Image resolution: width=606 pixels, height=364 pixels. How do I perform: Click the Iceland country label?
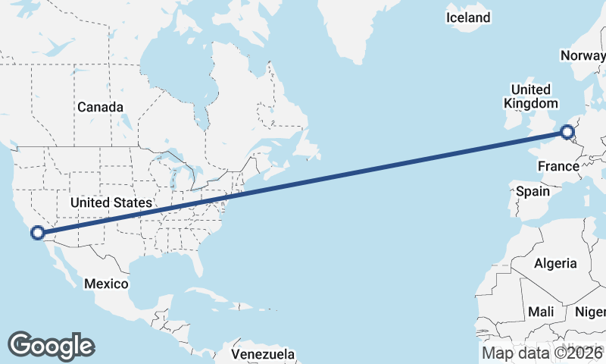click(468, 17)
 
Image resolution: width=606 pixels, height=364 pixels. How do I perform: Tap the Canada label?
click(100, 108)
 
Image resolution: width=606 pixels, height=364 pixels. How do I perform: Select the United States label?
click(111, 202)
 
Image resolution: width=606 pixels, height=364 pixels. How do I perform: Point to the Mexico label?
click(106, 283)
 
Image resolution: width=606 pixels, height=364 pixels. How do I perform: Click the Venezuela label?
click(262, 354)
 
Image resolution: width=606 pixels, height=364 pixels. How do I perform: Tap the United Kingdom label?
click(531, 96)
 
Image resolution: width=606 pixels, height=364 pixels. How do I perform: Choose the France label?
click(558, 166)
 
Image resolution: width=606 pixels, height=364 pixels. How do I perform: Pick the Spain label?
click(533, 191)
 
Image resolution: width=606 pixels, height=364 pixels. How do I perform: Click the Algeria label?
click(556, 264)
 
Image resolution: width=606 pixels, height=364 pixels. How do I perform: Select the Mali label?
click(541, 312)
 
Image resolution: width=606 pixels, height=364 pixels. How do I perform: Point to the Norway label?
click(583, 55)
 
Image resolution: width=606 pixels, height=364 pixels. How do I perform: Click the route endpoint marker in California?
click(37, 233)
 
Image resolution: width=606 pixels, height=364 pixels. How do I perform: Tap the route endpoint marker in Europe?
click(568, 134)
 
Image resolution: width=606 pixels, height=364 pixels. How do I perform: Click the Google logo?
click(51, 345)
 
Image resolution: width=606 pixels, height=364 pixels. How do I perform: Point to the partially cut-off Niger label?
click(591, 312)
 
